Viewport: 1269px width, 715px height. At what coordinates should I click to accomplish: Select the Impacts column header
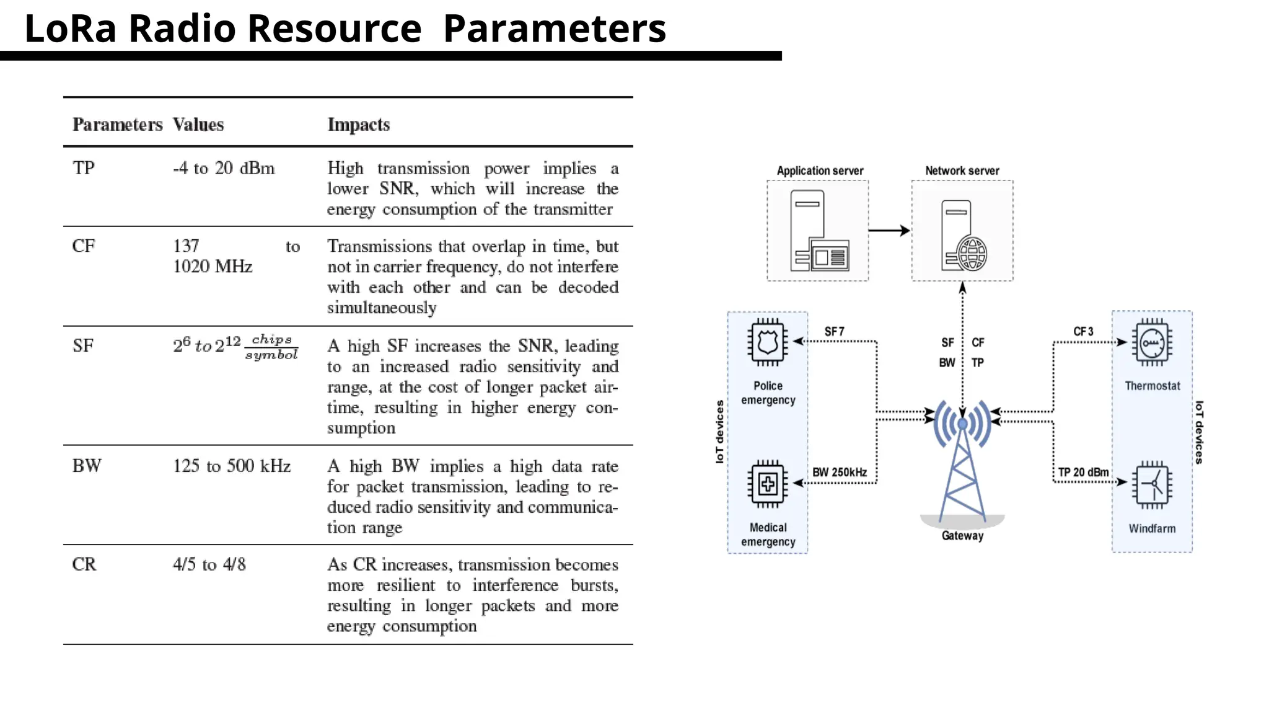358,125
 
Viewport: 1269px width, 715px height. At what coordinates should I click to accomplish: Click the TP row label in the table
84,168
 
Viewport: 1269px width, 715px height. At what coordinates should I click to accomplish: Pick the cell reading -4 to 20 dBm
224,168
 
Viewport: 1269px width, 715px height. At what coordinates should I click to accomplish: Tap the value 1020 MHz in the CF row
213,267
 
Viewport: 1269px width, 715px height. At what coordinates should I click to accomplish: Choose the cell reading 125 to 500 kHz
232,466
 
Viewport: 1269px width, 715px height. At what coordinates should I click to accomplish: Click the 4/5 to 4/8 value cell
209,564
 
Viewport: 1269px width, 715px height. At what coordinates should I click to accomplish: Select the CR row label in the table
84,564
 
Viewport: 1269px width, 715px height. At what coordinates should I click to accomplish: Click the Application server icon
819,231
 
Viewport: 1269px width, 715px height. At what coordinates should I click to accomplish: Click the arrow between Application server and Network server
889,231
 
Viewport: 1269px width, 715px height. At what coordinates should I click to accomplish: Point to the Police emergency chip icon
768,342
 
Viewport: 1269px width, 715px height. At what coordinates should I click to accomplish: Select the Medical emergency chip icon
768,484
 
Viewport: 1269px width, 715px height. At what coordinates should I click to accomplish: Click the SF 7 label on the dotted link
834,332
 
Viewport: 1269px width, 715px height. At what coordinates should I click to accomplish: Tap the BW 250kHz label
840,473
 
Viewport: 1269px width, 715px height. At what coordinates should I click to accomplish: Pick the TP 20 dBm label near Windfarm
1083,473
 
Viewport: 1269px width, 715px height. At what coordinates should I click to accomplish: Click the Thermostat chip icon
1152,343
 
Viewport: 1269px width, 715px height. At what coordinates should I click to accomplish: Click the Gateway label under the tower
962,536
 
